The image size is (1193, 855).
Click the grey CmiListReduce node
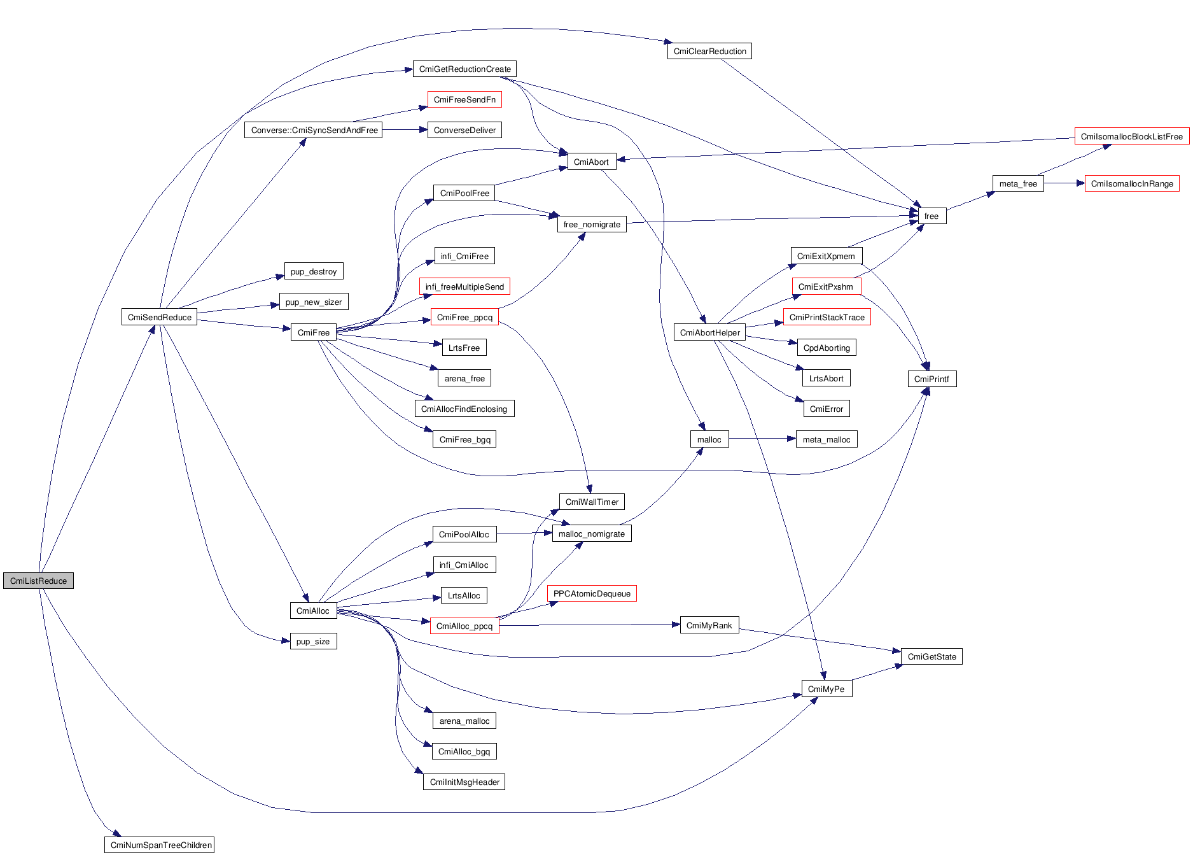(38, 581)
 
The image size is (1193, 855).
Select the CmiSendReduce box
(159, 317)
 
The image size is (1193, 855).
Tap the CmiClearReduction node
(709, 51)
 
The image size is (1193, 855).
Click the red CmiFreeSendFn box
(464, 99)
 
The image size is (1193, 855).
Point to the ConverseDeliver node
(464, 130)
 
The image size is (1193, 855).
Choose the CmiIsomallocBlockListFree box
(1131, 136)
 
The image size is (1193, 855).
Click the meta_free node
(1018, 183)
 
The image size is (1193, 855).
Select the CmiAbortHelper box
(709, 332)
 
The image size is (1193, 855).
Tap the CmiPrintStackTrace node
(827, 317)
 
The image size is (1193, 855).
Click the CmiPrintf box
(931, 379)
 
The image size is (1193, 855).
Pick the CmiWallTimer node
(592, 502)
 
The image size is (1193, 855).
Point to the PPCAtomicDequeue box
(592, 593)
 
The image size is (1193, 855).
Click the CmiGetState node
(931, 656)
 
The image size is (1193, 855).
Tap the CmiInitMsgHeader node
(464, 782)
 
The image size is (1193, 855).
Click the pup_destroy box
(314, 271)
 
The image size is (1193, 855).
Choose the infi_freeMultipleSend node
(464, 286)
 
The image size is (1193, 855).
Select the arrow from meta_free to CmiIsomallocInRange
(1064, 183)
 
